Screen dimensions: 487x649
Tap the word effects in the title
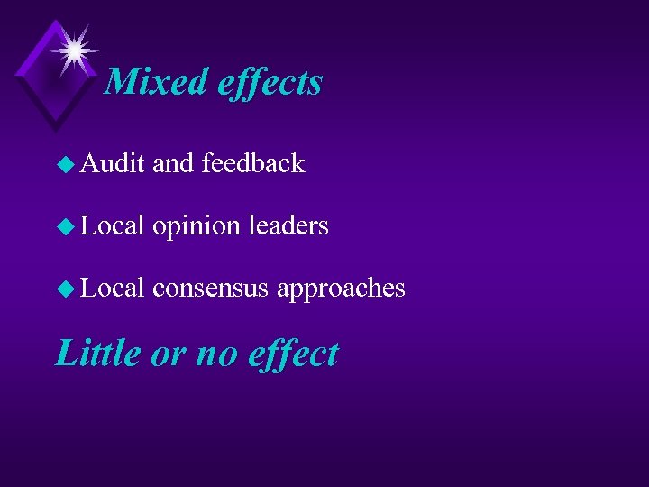[270, 83]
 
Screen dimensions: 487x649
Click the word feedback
[253, 163]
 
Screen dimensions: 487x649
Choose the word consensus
[211, 289]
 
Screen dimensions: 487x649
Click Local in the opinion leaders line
[113, 225]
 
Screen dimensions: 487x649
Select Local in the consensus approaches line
[113, 288]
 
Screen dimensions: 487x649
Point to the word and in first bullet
[174, 163]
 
